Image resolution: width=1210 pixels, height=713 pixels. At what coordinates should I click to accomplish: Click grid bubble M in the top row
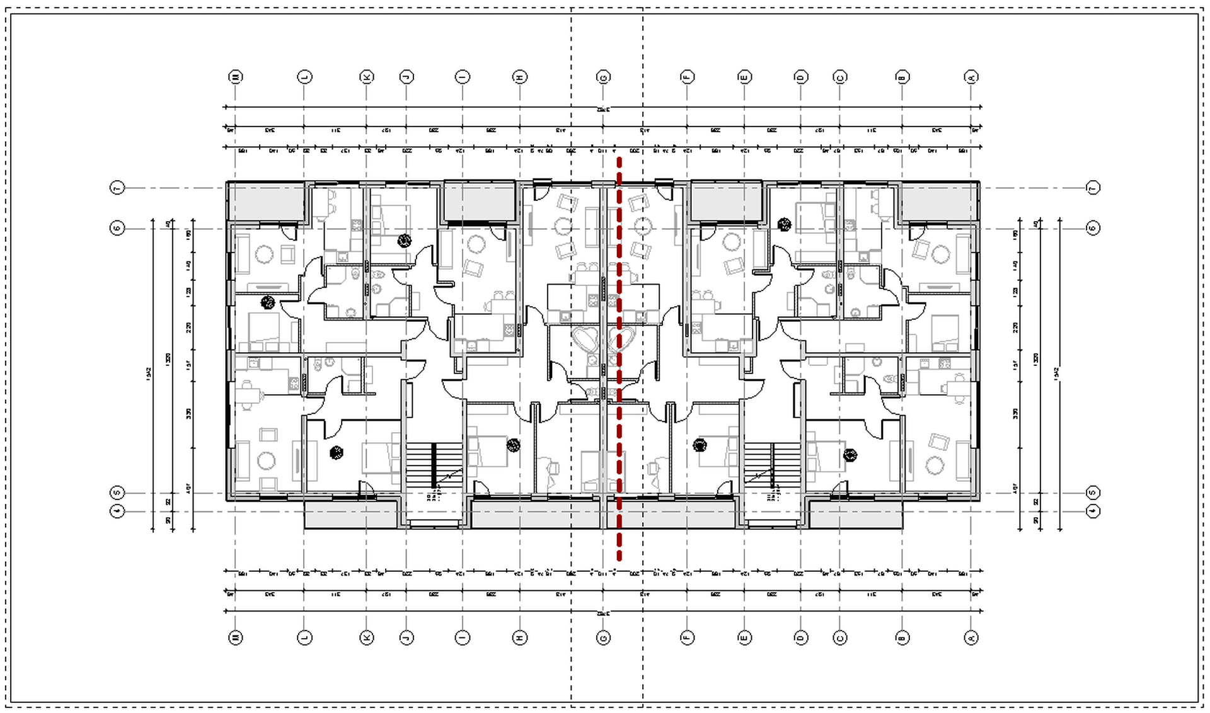tap(235, 77)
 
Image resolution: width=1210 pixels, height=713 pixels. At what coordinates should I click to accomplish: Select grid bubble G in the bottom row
tap(603, 637)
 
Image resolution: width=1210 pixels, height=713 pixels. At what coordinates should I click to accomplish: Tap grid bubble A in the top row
tap(971, 77)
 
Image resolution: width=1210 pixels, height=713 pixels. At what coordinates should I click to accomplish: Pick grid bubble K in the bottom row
tap(366, 637)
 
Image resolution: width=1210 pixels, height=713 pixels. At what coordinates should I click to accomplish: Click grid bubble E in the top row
tap(744, 77)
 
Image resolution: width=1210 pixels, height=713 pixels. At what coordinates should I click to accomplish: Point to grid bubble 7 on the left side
tap(117, 188)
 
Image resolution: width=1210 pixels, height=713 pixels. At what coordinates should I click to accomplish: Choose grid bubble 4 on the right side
tap(1093, 511)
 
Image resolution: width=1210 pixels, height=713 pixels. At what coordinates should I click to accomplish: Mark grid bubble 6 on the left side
tap(117, 228)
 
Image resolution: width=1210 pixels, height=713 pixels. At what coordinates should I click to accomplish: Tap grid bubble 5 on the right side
tap(1093, 493)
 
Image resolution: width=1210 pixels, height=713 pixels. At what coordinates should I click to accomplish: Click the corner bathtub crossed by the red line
tap(620, 340)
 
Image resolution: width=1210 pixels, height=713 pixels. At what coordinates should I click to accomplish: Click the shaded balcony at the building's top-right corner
tap(939, 202)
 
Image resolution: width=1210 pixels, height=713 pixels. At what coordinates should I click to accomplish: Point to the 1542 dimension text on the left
tap(149, 374)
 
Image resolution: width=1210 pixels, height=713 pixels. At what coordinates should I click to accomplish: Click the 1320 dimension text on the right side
tap(1037, 359)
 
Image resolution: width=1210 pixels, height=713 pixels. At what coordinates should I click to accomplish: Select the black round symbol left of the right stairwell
tap(700, 445)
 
